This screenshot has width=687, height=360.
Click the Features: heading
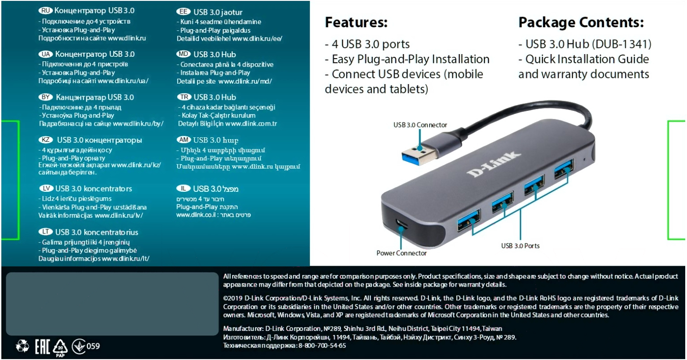pyautogui.click(x=356, y=22)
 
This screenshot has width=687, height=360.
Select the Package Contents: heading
pyautogui.click(x=581, y=22)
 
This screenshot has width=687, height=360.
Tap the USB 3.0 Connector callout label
pyautogui.click(x=420, y=125)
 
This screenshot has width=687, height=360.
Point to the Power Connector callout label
pyautogui.click(x=401, y=253)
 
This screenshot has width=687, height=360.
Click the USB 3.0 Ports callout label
pyautogui.click(x=520, y=246)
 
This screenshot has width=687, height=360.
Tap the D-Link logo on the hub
pyautogui.click(x=494, y=164)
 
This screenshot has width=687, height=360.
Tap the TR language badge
pyautogui.click(x=184, y=97)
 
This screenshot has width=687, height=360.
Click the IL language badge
pyautogui.click(x=184, y=189)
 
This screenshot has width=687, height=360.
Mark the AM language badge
pyautogui.click(x=184, y=140)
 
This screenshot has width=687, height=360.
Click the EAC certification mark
pyautogui.click(x=42, y=346)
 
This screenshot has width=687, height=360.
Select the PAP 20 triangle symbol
pyautogui.click(x=60, y=347)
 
